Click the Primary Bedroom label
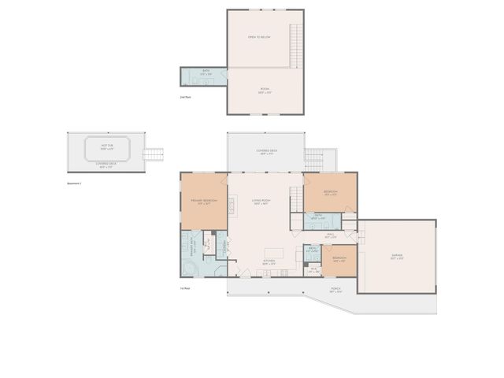tap(204, 201)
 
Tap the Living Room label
tap(261, 201)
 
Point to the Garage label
tap(397, 255)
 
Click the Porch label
tap(336, 289)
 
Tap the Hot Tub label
tap(106, 146)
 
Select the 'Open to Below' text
tap(259, 37)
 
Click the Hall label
tap(332, 234)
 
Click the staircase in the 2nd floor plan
tap(297, 45)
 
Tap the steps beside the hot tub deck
tap(154, 154)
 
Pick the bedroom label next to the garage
tap(339, 258)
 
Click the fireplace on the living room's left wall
tap(232, 206)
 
